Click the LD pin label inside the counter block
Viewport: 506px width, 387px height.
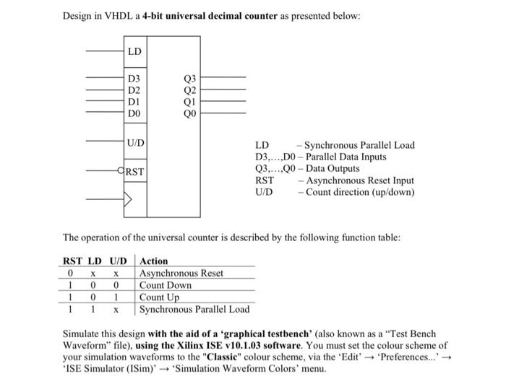click(x=134, y=51)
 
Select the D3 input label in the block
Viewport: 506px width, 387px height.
click(x=134, y=79)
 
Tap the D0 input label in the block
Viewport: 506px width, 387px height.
click(x=134, y=113)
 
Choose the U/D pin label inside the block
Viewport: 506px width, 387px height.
click(x=136, y=142)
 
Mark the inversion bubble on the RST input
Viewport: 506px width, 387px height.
click(x=121, y=171)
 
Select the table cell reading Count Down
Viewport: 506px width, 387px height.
click(x=166, y=285)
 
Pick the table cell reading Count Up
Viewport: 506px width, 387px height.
click(x=159, y=297)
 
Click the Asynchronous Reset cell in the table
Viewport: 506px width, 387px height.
click(x=181, y=273)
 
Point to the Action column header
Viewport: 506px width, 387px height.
click(x=153, y=261)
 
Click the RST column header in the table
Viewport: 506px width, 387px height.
click(x=72, y=261)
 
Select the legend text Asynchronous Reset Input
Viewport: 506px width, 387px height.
click(x=360, y=181)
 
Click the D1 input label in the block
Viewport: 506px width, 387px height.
click(x=134, y=102)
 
